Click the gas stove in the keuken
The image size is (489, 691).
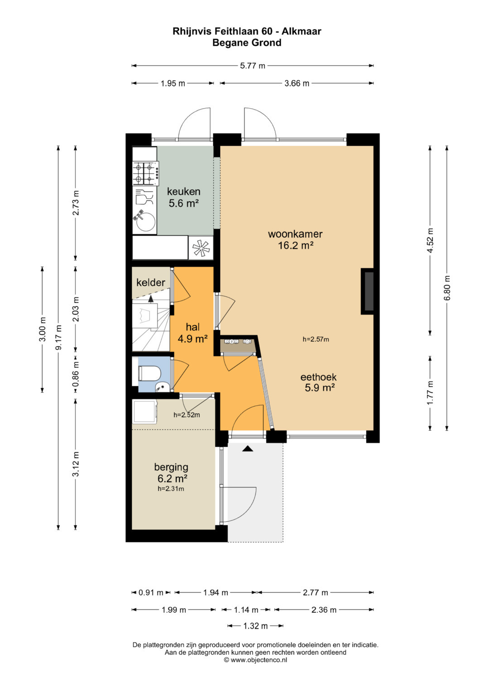(x=146, y=174)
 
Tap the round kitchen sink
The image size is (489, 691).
(x=146, y=222)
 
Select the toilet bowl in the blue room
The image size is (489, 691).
(x=149, y=374)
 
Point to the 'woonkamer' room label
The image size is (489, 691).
(x=295, y=234)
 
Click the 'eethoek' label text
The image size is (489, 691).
(x=319, y=377)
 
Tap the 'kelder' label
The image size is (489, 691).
(x=151, y=282)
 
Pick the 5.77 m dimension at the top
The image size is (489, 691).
(x=253, y=66)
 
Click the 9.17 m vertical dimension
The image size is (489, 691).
(x=58, y=338)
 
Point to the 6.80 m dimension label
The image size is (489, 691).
(x=447, y=288)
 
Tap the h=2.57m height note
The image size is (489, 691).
(x=316, y=340)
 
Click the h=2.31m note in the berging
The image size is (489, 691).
(x=171, y=489)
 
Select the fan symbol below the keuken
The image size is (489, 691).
(x=201, y=248)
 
